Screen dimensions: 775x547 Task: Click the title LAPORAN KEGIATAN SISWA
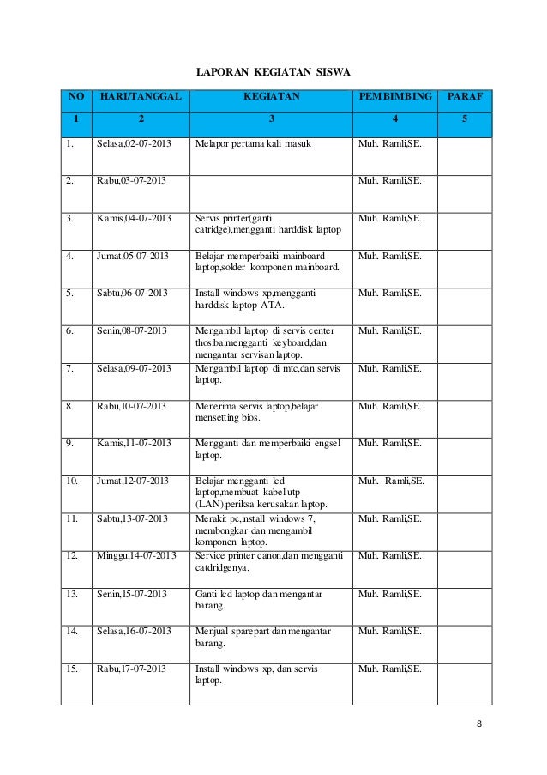click(x=273, y=68)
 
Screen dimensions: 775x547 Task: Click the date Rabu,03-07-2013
click(x=131, y=182)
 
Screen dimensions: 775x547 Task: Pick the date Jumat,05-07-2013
click(x=133, y=256)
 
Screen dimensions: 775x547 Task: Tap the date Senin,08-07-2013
click(x=132, y=330)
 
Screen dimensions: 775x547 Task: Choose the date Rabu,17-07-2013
click(x=132, y=667)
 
